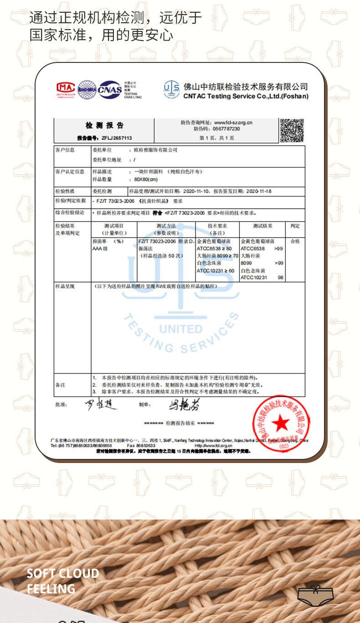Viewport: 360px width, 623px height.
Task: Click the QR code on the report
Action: point(291,130)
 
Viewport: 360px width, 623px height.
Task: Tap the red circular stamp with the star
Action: point(281,423)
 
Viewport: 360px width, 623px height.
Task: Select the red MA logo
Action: point(66,88)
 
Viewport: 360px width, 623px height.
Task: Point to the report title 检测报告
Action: point(104,125)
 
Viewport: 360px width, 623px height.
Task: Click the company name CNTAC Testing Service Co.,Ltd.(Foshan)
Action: point(246,97)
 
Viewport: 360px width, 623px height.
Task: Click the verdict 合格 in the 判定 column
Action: point(295,241)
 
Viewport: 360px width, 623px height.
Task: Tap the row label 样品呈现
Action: point(65,286)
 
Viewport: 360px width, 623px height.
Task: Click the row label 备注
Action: point(60,385)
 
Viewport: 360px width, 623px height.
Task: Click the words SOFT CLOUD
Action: point(62,573)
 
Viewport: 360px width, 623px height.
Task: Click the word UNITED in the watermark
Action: point(180,329)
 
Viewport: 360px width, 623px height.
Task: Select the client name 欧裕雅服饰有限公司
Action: point(155,150)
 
